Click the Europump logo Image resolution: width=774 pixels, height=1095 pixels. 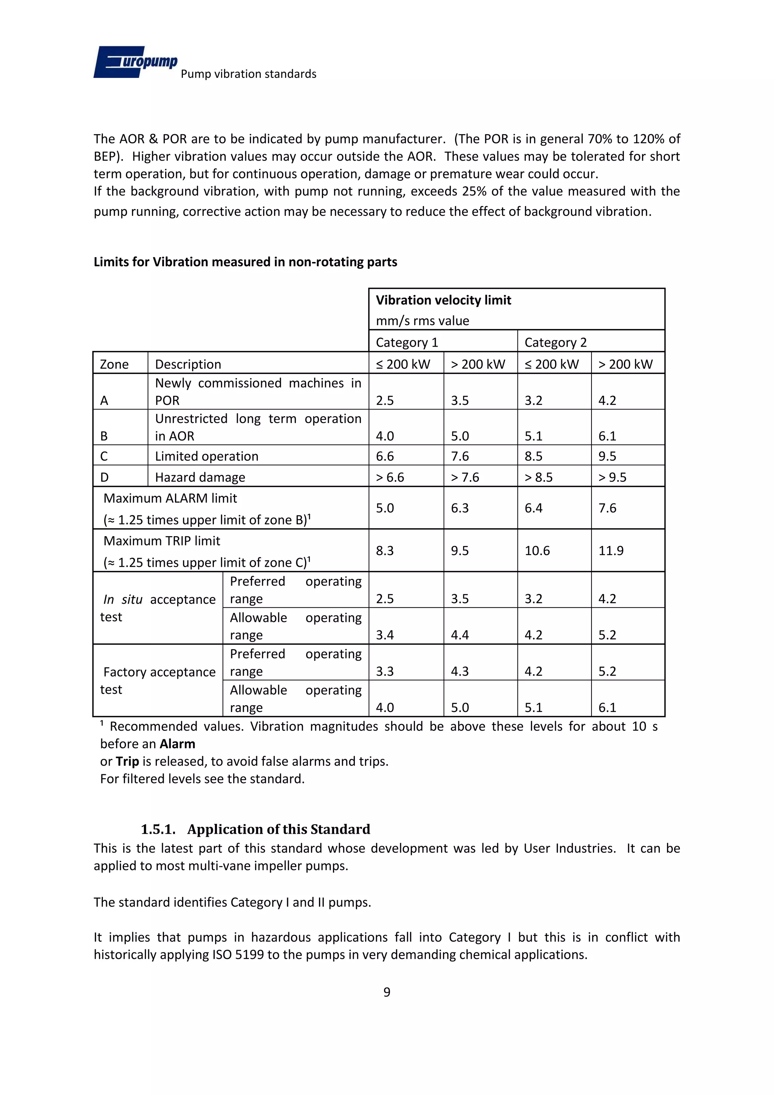coord(135,62)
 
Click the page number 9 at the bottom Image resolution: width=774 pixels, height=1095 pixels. coord(387,992)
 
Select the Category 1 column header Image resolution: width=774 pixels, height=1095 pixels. coord(407,343)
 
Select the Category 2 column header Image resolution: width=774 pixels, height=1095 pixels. coord(555,343)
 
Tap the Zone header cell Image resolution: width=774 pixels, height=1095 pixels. coord(115,364)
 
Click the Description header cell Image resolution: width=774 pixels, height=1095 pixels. coord(188,364)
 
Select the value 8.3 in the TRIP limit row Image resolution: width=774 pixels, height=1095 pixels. coord(385,551)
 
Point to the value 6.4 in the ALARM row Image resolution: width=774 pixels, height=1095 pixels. coord(533,508)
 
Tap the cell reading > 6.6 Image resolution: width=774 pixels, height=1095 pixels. coord(390,478)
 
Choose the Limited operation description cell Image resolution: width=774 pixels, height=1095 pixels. coord(206,456)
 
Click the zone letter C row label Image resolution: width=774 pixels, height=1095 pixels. coord(104,456)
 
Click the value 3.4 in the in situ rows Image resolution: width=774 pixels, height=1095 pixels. coord(385,635)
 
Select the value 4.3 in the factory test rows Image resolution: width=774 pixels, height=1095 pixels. coord(460,672)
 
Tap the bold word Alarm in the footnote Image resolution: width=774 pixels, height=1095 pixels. coord(177,744)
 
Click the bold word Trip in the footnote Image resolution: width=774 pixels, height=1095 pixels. coord(127,762)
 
